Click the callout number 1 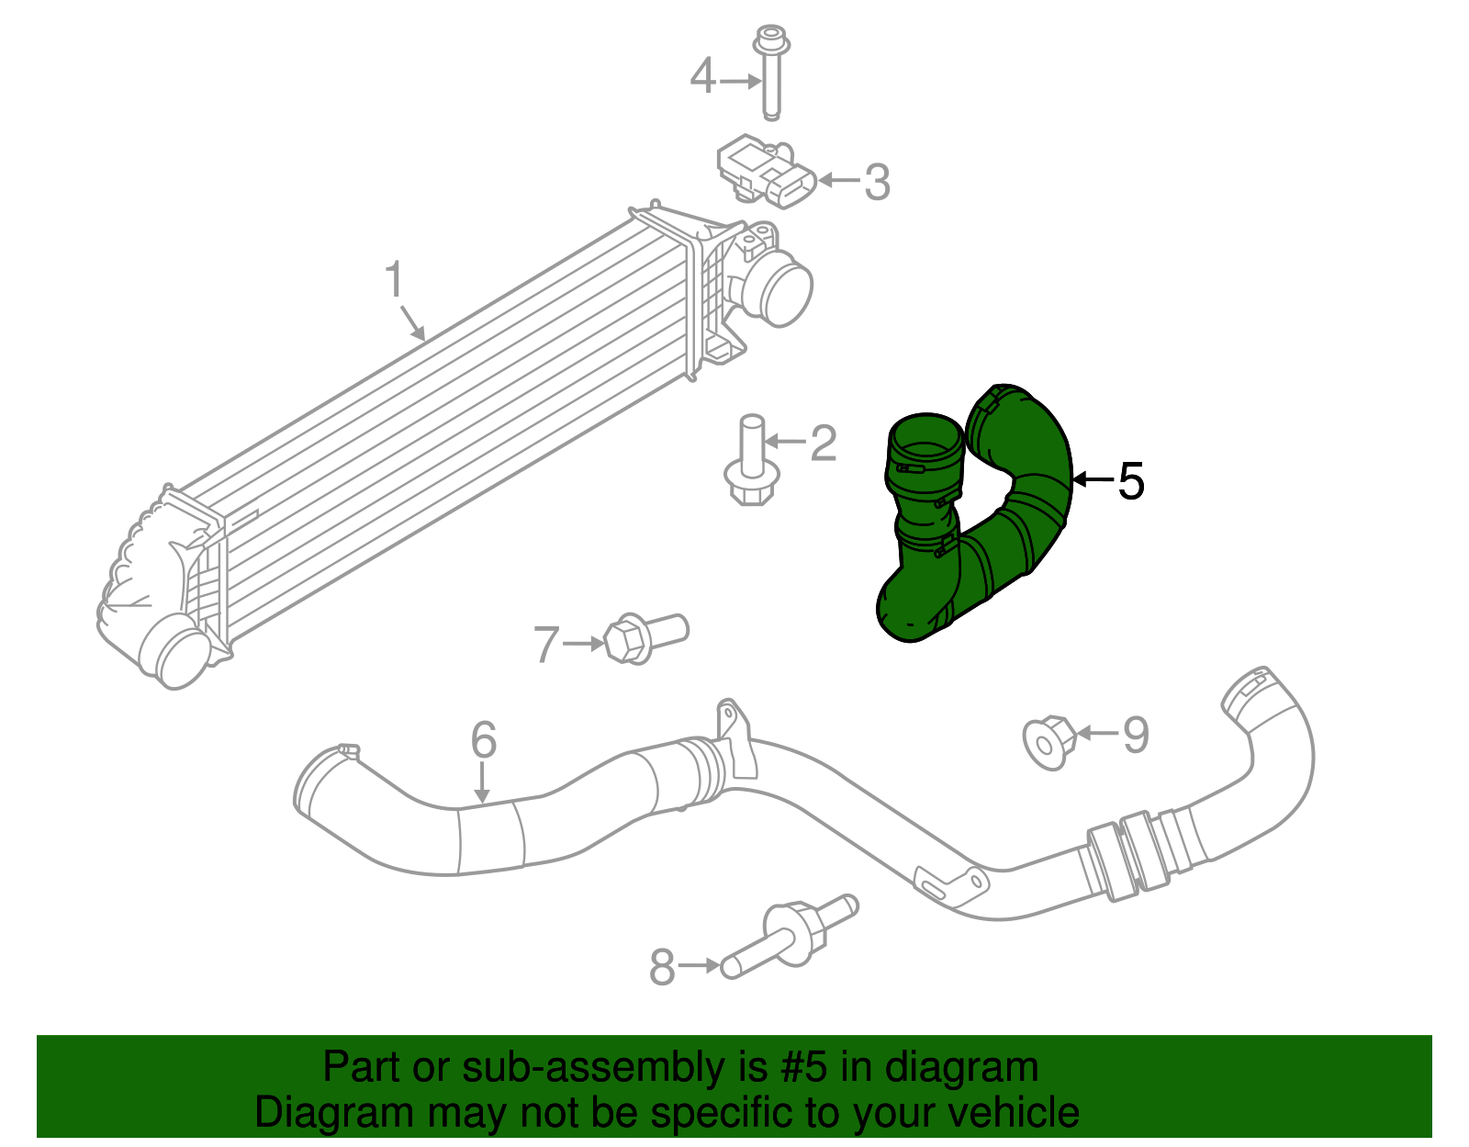click(x=395, y=280)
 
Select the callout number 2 click(x=823, y=444)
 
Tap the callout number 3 click(x=877, y=182)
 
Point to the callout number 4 click(x=702, y=77)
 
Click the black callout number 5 click(x=1131, y=481)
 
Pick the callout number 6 click(x=483, y=740)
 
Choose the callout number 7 click(x=546, y=645)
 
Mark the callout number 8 click(x=662, y=967)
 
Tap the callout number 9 click(x=1136, y=735)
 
